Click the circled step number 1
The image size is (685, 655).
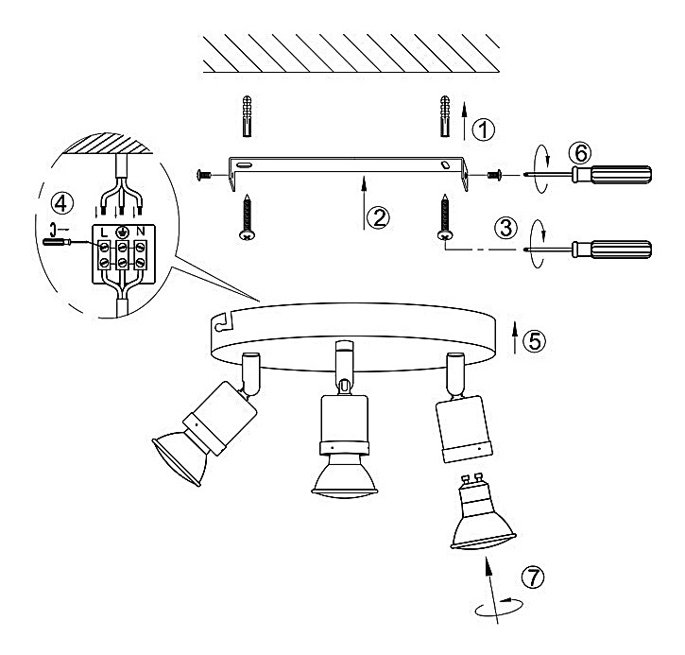coord(484,129)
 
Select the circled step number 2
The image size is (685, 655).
coord(378,217)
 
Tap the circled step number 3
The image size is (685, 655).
coord(505,227)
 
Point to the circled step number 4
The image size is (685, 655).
coord(61,203)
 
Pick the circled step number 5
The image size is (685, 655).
coord(535,341)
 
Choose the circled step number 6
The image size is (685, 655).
coord(580,153)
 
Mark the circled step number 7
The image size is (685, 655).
coord(533,577)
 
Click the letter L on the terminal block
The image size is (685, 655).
coord(104,232)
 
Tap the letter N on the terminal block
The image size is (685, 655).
coord(140,231)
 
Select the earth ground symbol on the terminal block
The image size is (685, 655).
coord(122,232)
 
